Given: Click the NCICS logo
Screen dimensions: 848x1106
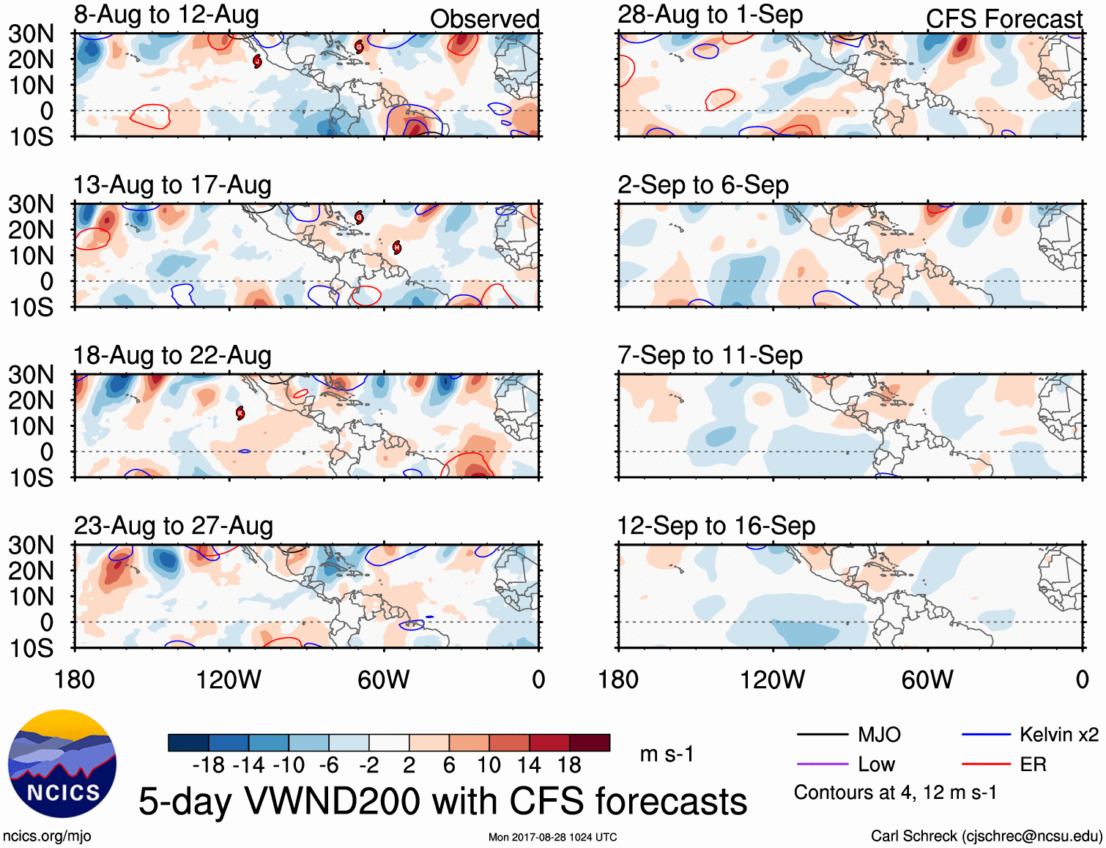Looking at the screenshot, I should [62, 764].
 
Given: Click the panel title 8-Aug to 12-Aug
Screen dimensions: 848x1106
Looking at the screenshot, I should [166, 15].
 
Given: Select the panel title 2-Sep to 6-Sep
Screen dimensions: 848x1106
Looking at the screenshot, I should [703, 185].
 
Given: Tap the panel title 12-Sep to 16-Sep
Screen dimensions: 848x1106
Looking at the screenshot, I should [716, 526].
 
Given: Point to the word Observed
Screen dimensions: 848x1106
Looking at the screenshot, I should [484, 19].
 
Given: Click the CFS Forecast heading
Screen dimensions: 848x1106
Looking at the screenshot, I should [1003, 19].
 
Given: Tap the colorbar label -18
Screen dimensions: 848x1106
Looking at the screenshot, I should [209, 765].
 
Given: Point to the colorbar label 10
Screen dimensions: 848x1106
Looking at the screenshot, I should [489, 765].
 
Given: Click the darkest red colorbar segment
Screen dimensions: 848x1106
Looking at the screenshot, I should [590, 743].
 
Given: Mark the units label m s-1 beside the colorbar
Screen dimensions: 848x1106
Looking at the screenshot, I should [667, 754].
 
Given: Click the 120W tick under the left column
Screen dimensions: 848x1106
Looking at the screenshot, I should [229, 680].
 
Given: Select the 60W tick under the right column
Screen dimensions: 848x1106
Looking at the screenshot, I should [927, 680].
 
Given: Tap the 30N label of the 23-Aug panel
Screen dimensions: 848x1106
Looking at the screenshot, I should [31, 545].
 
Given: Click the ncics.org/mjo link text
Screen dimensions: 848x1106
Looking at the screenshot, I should [47, 836].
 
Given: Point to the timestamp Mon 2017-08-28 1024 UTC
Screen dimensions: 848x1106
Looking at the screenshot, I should [552, 837].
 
